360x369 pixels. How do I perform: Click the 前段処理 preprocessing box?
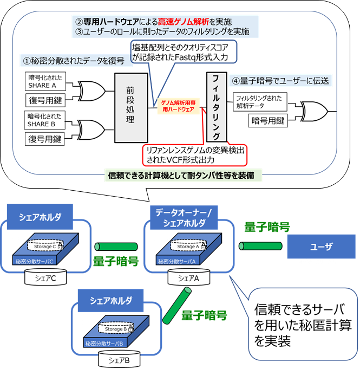[x=131, y=107]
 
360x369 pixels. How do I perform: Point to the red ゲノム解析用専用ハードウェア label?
[x=179, y=106]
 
